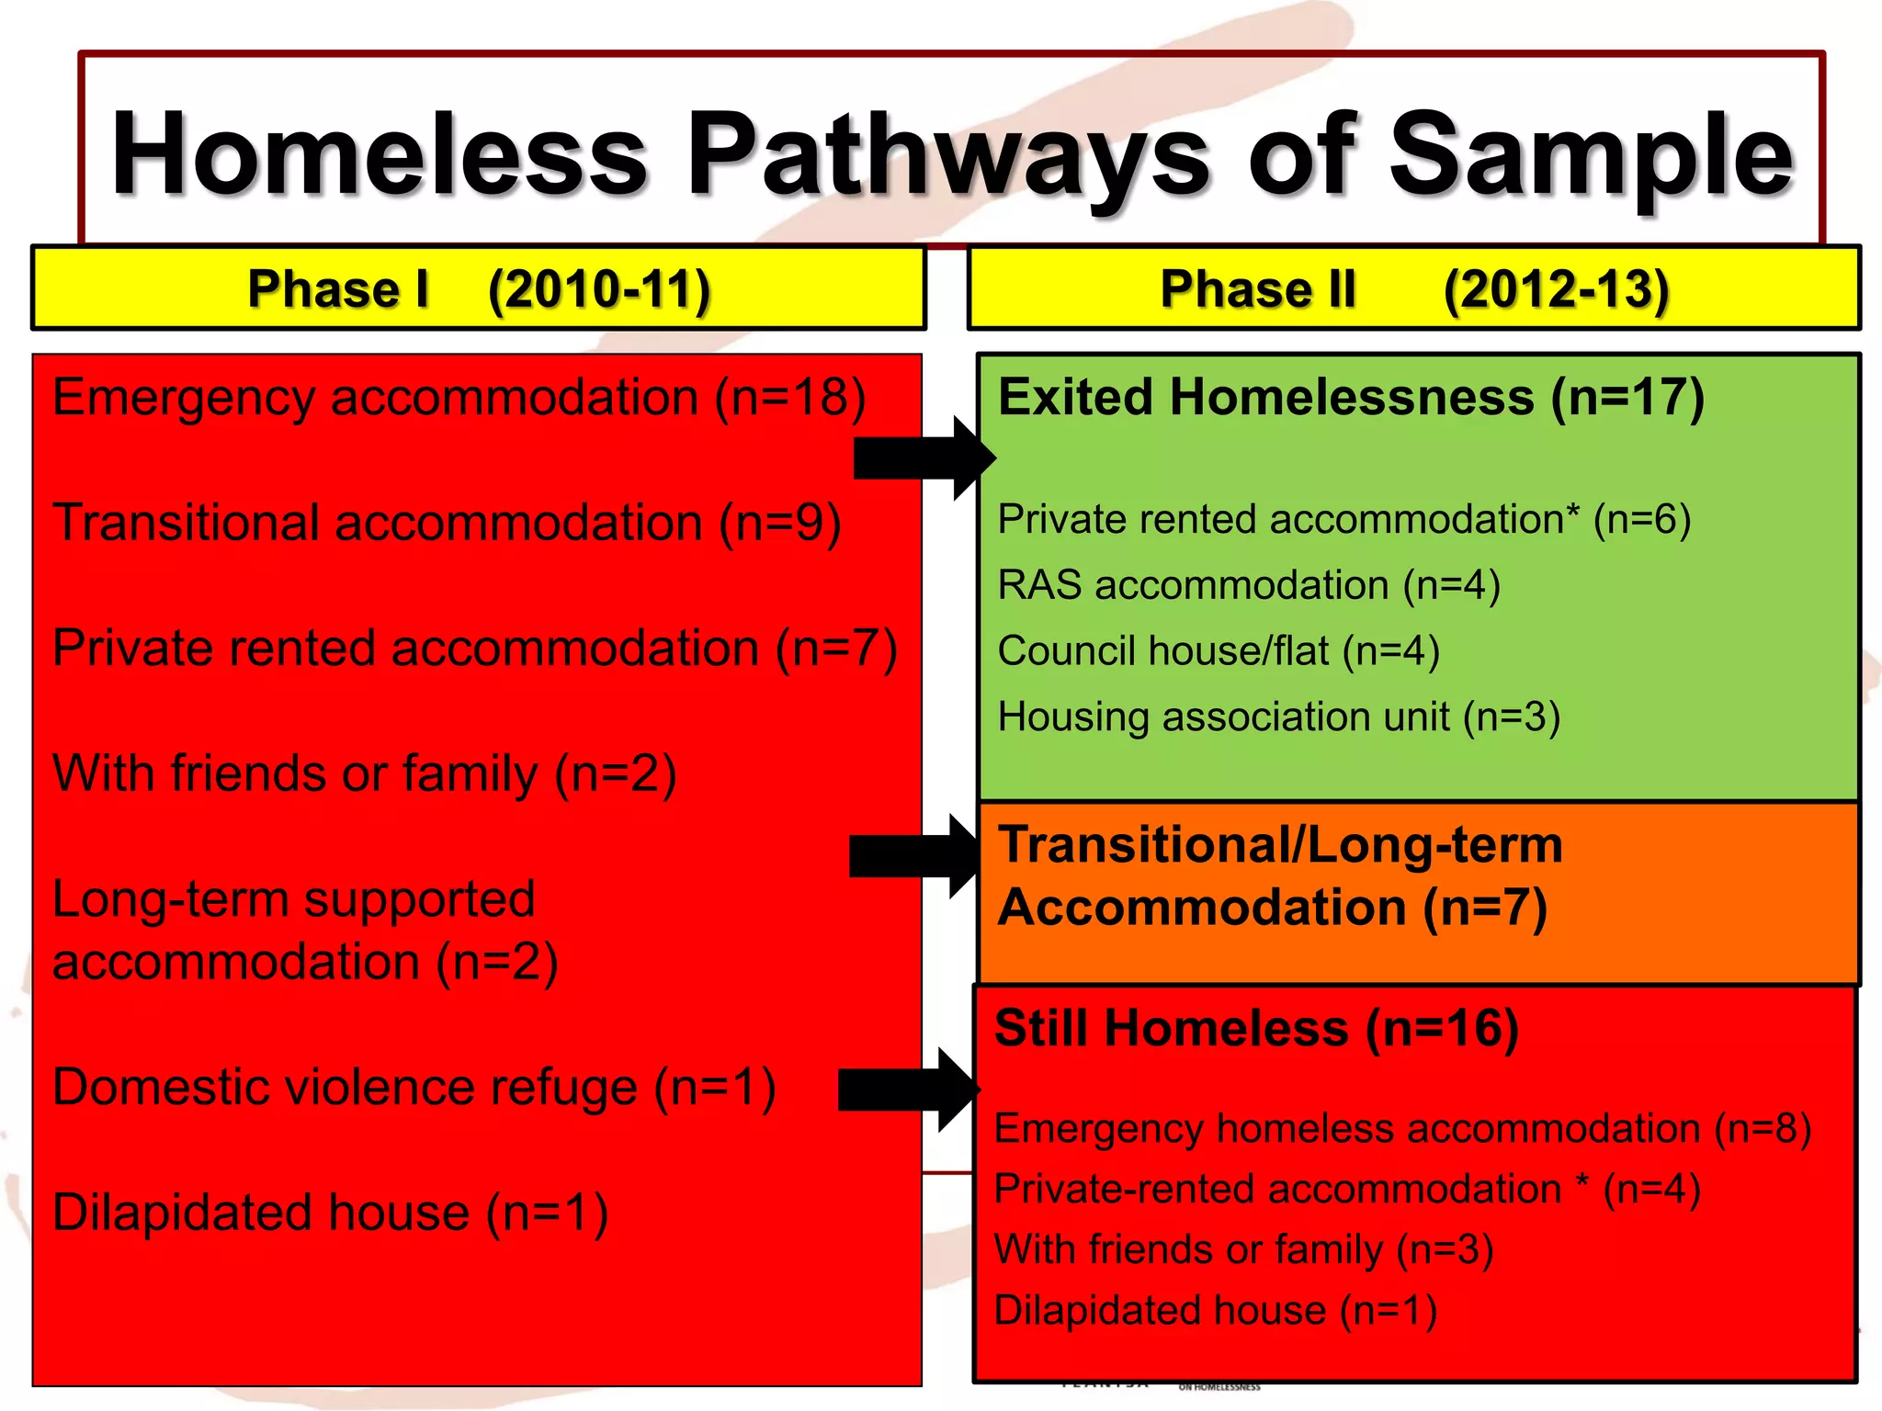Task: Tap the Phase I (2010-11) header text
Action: (478, 289)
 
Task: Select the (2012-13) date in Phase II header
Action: (1556, 289)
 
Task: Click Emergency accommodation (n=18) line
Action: (459, 398)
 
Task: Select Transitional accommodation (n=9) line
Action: (447, 523)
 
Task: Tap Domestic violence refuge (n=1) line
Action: (414, 1088)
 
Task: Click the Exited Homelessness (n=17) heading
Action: (1351, 398)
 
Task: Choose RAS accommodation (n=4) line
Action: (1248, 585)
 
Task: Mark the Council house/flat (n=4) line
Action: (1218, 651)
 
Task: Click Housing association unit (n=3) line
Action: (1278, 717)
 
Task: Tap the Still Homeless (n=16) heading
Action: (1256, 1028)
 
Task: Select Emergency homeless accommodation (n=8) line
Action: (1401, 1128)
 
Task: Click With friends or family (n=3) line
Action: (1242, 1249)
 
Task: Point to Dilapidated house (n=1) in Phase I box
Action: (330, 1213)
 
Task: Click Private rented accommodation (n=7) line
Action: (474, 649)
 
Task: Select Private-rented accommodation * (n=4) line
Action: (1346, 1189)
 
